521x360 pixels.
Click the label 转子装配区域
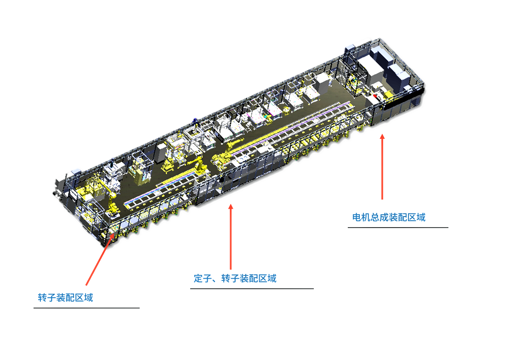65,297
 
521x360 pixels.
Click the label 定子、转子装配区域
235,278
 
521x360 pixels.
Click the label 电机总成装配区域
389,217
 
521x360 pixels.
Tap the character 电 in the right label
357,217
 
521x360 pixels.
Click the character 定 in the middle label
198,278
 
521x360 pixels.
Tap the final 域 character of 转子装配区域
89,297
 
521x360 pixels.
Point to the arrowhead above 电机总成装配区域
382,136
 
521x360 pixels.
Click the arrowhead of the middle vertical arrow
231,207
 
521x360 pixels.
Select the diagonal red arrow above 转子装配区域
100,259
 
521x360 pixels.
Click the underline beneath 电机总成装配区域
398,228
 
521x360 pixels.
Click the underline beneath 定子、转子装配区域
252,289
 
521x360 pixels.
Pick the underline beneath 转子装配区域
86,308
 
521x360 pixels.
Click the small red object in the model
375,96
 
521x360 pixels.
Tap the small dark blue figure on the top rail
195,121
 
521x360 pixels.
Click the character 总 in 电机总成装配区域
375,217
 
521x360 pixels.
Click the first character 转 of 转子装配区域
43,297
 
